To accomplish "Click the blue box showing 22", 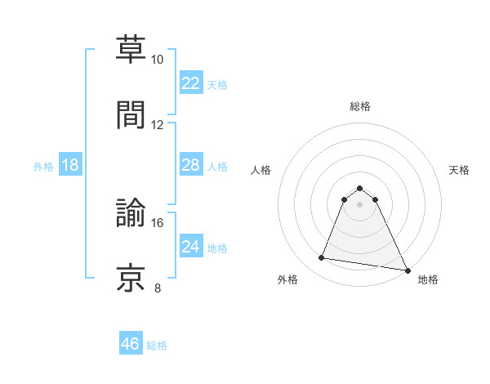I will [x=190, y=83].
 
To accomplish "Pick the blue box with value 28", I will [x=190, y=165].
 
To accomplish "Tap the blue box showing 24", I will [x=190, y=247].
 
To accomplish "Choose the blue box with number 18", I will [x=70, y=165].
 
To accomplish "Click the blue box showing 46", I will [x=130, y=344].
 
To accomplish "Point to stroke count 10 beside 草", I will [x=158, y=60].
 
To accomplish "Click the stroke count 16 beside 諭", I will [x=158, y=222].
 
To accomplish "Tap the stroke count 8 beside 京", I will [x=158, y=288].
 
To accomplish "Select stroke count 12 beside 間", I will [x=158, y=125].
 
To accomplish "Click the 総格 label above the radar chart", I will [x=359, y=106].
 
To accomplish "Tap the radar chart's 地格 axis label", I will [x=428, y=280].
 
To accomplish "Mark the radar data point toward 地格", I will [x=407, y=270].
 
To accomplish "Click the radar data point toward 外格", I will [x=322, y=258].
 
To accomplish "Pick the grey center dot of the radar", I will [x=359, y=204].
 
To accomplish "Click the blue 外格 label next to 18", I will [x=42, y=166].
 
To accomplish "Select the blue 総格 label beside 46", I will [x=157, y=346].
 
